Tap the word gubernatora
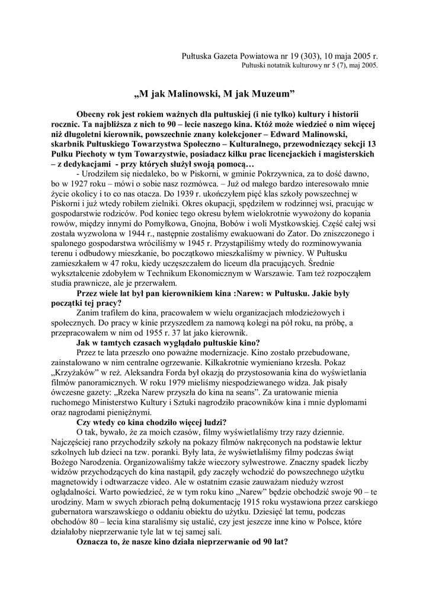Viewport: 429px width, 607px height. coord(79,517)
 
